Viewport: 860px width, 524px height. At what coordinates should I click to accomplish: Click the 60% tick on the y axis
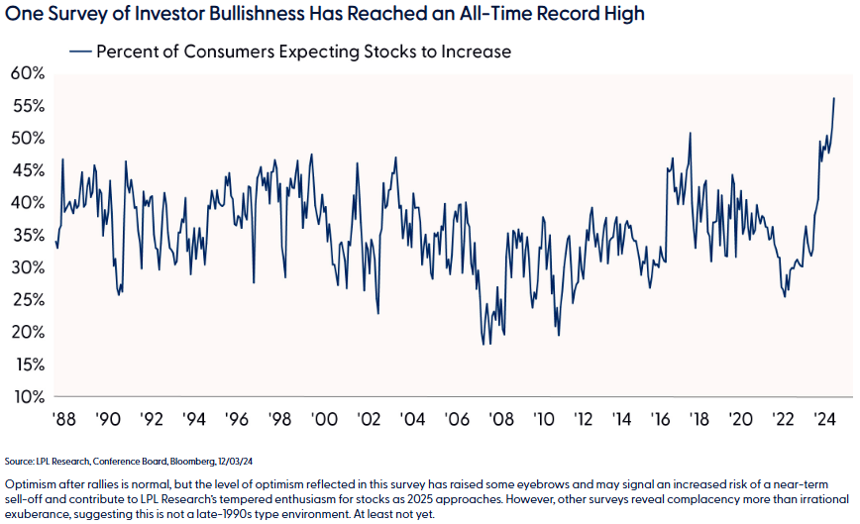28,73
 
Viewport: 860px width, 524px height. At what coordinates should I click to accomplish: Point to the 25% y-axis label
28,300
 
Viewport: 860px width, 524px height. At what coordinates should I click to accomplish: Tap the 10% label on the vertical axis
28,397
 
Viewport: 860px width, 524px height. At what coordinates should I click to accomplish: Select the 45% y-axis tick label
28,170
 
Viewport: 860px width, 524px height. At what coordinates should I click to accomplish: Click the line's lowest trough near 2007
483,344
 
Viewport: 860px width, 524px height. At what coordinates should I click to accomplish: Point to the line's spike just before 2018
690,134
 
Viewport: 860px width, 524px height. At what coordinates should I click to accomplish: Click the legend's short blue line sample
81,52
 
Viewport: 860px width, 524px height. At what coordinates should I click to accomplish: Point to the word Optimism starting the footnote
30,481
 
